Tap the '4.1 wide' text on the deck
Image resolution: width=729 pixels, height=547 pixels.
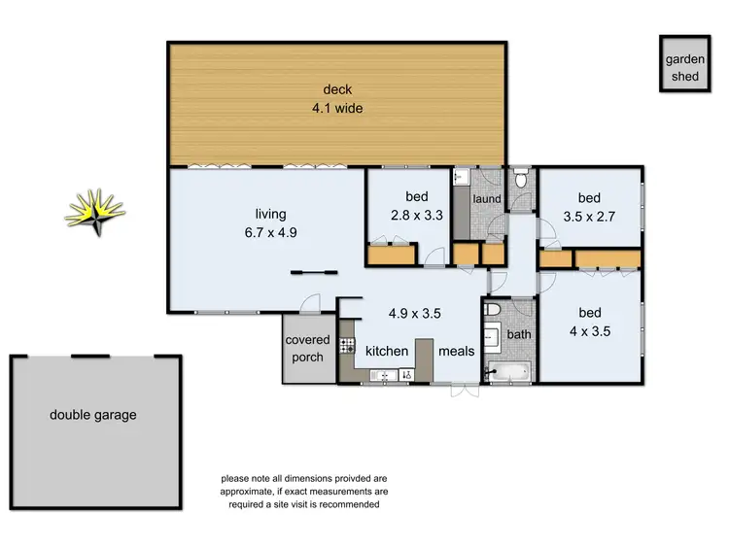click(x=337, y=109)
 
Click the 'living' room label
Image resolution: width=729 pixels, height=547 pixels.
click(x=271, y=214)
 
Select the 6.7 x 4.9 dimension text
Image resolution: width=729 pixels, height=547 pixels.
click(x=271, y=233)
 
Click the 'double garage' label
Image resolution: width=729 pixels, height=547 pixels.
click(x=93, y=415)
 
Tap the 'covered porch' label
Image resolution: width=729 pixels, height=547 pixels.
click(x=307, y=349)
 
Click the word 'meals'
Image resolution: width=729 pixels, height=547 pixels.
click(x=456, y=351)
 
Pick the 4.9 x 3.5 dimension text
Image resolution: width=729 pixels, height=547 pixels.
click(x=415, y=314)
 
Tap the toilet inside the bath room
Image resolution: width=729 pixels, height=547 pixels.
click(x=493, y=310)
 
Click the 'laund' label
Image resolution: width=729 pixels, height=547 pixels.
click(x=486, y=199)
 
